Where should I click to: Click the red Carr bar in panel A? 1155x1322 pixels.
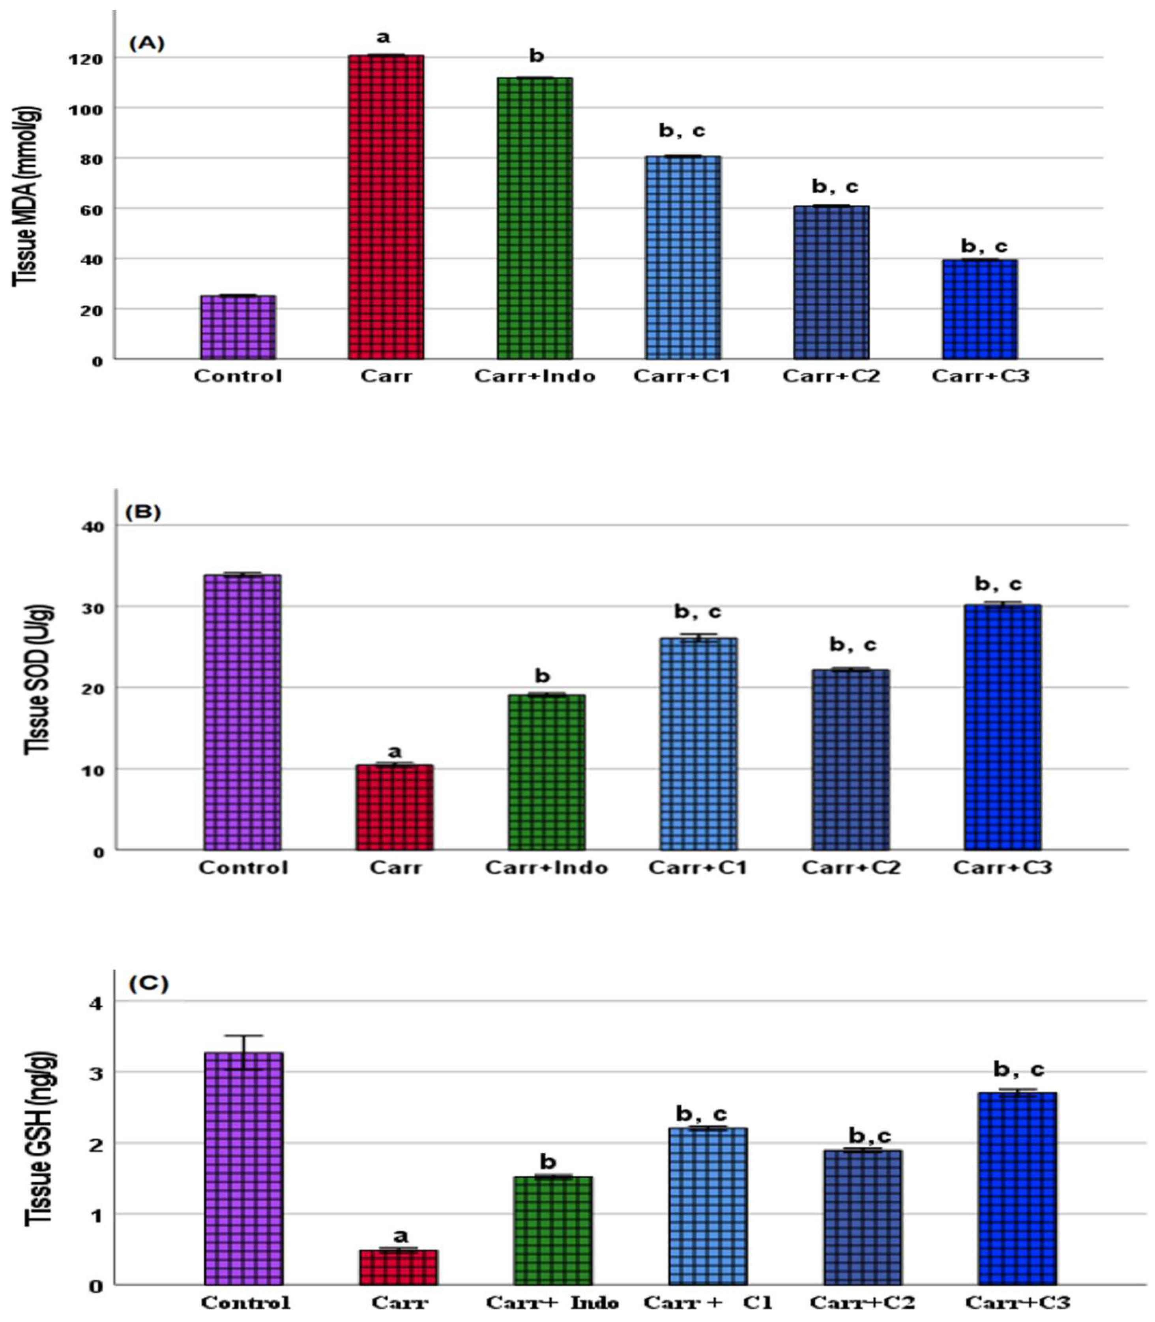[x=386, y=206]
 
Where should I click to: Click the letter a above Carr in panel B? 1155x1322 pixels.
[x=395, y=751]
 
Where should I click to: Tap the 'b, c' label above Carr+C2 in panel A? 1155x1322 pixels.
[x=835, y=187]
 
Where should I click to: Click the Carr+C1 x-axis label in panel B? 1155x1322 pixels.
[x=697, y=867]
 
